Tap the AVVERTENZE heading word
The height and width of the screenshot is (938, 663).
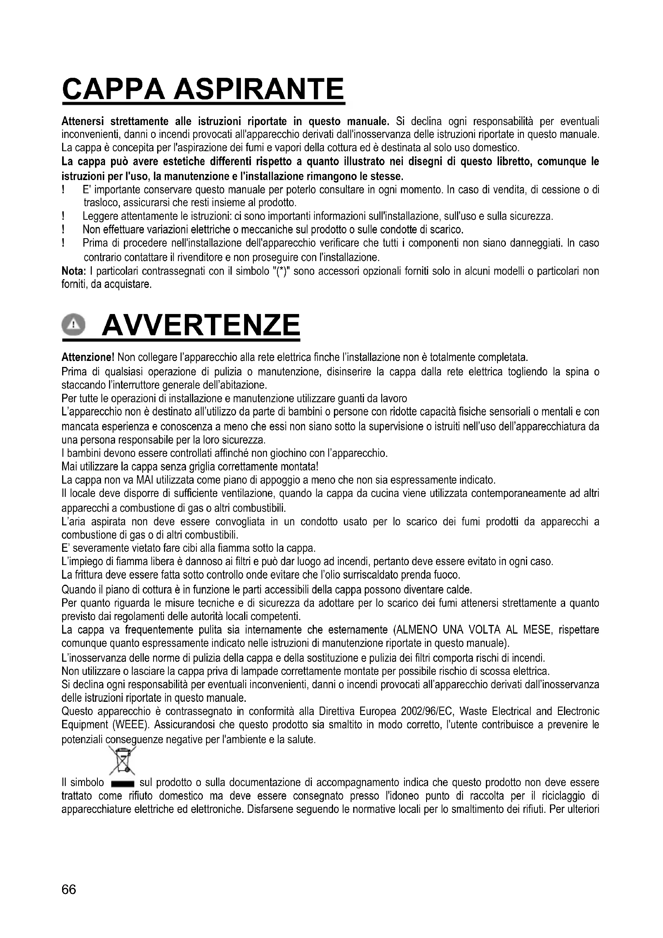pyautogui.click(x=201, y=326)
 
